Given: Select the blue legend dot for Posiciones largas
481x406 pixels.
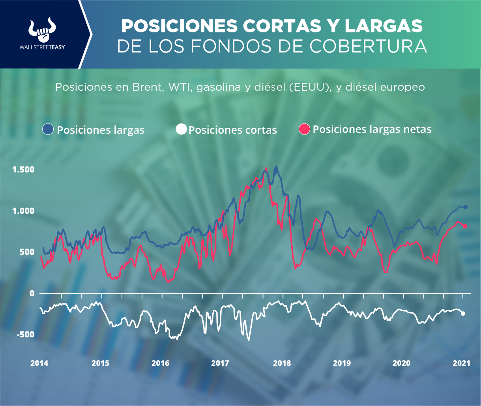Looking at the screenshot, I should click(48, 129).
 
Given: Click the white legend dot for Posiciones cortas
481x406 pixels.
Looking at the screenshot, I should click(182, 129).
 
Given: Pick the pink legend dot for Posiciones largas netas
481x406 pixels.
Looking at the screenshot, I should click(305, 129).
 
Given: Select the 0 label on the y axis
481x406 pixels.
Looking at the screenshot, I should click(32, 293).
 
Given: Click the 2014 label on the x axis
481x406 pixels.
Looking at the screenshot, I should click(39, 363).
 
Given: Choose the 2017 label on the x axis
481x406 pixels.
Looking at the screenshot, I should click(219, 363).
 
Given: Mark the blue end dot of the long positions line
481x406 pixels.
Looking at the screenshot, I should click(466, 207).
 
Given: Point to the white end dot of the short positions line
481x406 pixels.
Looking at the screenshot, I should click(463, 314).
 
